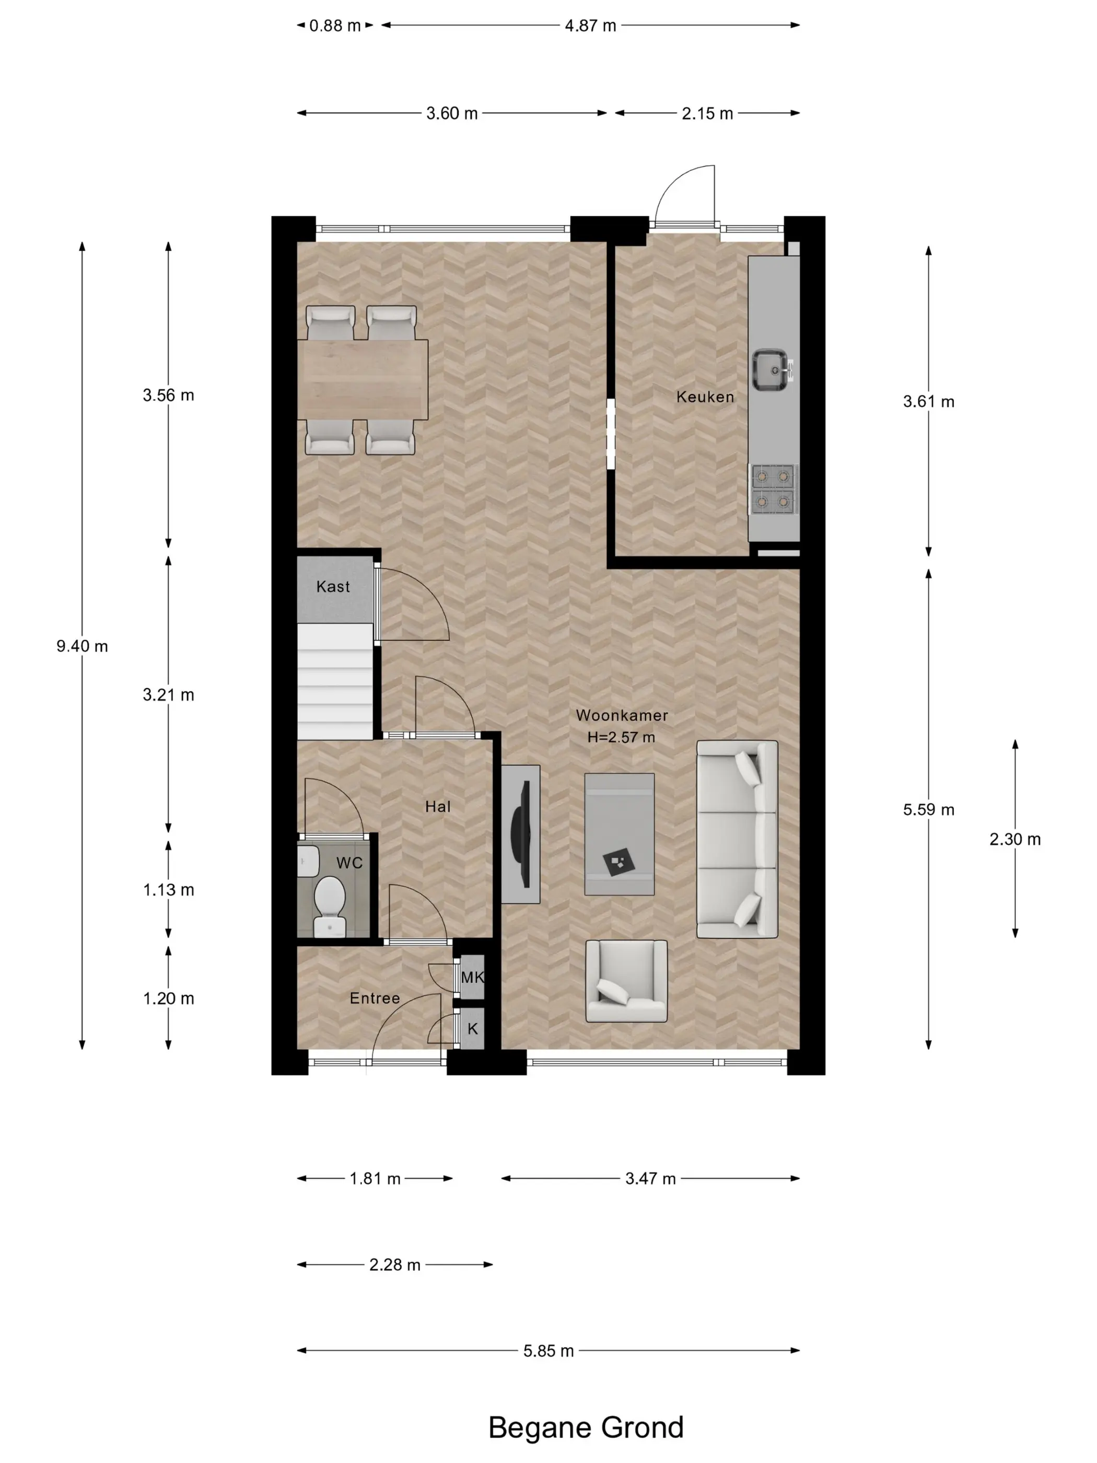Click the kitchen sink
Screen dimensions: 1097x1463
pyautogui.click(x=771, y=370)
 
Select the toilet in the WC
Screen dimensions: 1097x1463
pyautogui.click(x=329, y=906)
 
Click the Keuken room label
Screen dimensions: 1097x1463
pyautogui.click(x=705, y=397)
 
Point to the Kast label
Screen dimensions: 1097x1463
pyautogui.click(x=333, y=586)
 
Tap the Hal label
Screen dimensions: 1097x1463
pyautogui.click(x=438, y=806)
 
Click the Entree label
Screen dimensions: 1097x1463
pyautogui.click(x=375, y=998)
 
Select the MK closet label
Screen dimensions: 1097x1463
pyautogui.click(x=472, y=977)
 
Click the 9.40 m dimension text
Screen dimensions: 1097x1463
pyautogui.click(x=82, y=646)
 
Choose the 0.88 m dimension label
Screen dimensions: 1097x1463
pyautogui.click(x=335, y=25)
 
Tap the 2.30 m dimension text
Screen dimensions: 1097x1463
pyautogui.click(x=1015, y=839)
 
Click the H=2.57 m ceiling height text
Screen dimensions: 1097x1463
pyautogui.click(x=621, y=737)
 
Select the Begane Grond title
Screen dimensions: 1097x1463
pyautogui.click(x=586, y=1427)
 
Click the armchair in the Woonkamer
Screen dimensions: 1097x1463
pyautogui.click(x=626, y=981)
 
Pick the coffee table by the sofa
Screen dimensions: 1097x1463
pyautogui.click(x=620, y=834)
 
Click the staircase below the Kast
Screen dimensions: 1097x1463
pyautogui.click(x=335, y=681)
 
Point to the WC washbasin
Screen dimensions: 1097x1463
pyautogui.click(x=308, y=861)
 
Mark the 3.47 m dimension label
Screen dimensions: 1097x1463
pyautogui.click(x=651, y=1179)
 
